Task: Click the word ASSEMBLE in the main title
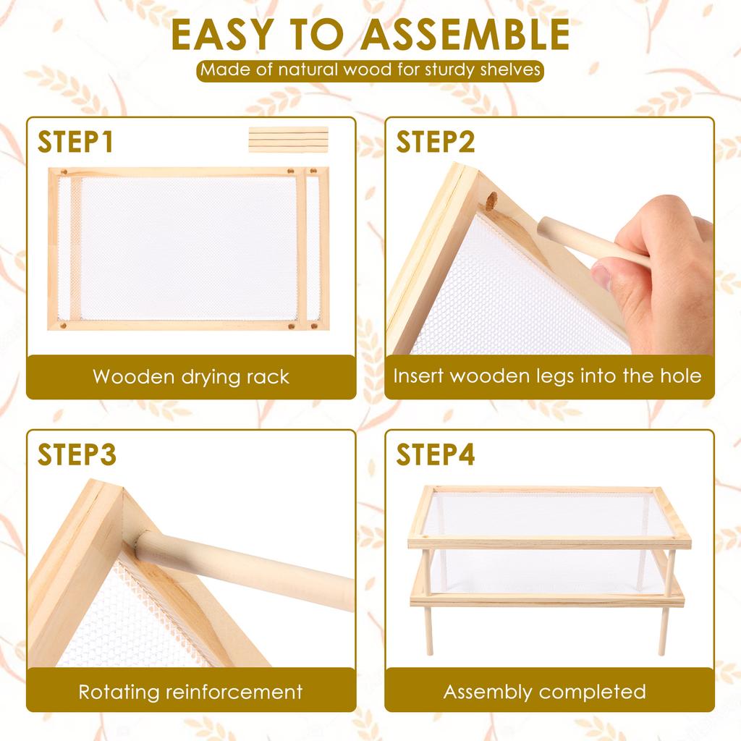click(465, 35)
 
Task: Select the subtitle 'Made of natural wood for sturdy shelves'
click(370, 70)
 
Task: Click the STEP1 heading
click(75, 142)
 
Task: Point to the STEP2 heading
click(435, 142)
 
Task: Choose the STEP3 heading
click(77, 454)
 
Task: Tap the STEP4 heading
click(435, 454)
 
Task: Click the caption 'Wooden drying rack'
click(191, 376)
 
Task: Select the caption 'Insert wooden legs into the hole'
click(547, 376)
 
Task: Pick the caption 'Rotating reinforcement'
click(190, 692)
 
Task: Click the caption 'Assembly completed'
click(545, 692)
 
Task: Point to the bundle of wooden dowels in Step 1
click(288, 140)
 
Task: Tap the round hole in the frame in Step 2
click(492, 202)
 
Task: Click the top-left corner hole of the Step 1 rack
click(64, 172)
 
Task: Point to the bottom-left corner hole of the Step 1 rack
click(63, 326)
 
